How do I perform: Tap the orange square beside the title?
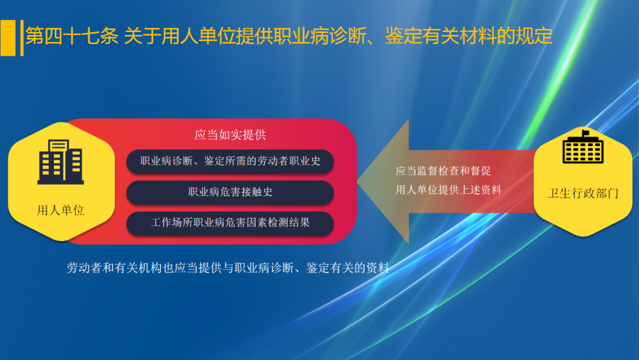pyautogui.click(x=8, y=37)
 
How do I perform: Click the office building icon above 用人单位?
pyautogui.click(x=60, y=161)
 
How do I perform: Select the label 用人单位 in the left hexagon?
pyautogui.click(x=60, y=210)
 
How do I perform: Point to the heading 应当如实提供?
pyautogui.click(x=230, y=135)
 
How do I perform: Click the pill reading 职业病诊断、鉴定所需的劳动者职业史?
pyautogui.click(x=230, y=161)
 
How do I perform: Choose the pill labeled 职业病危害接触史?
pyautogui.click(x=230, y=192)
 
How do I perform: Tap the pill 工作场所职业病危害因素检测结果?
pyautogui.click(x=230, y=223)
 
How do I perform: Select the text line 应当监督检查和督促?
pyautogui.click(x=443, y=171)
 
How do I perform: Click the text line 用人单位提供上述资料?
pyautogui.click(x=448, y=190)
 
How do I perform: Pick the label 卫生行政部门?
pyautogui.click(x=583, y=194)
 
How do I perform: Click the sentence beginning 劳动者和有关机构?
pyautogui.click(x=228, y=268)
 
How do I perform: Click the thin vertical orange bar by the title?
pyautogui.click(x=22, y=37)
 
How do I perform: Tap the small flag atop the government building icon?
pyautogui.click(x=586, y=133)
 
